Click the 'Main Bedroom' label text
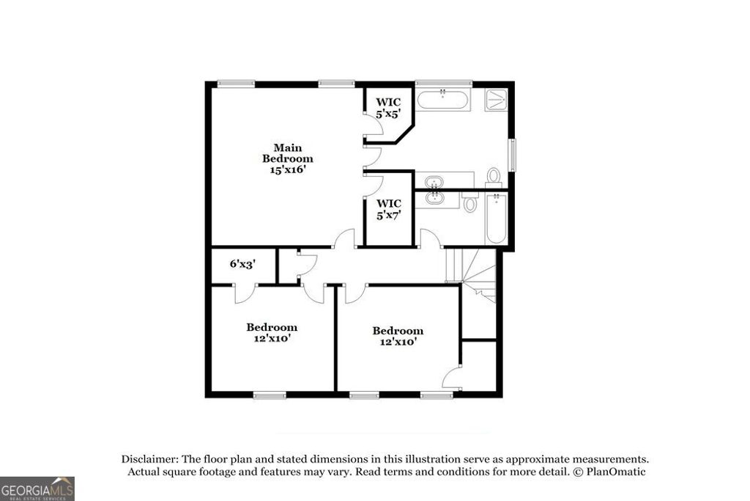[288, 153]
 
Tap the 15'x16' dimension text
[288, 169]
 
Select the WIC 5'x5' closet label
[388, 108]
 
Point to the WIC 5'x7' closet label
[388, 209]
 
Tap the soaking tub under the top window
[442, 100]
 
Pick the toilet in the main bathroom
[494, 176]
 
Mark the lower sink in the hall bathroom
[434, 197]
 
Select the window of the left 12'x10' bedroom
[270, 395]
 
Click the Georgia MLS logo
[37, 488]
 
